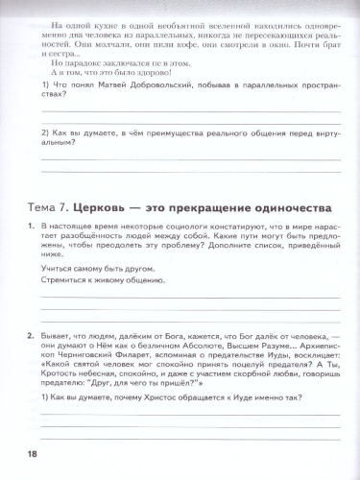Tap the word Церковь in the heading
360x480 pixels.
(115, 206)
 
